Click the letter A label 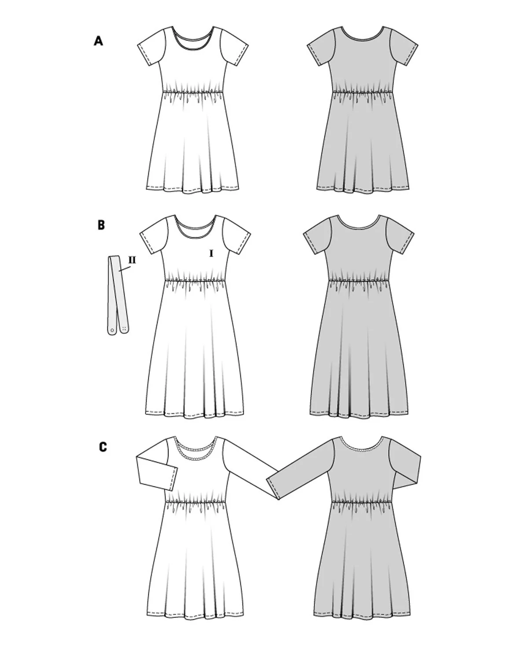tap(98, 41)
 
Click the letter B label tap(101, 225)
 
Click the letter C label tap(103, 447)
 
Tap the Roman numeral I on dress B tap(211, 254)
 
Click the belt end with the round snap tap(112, 330)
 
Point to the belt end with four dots tap(125, 327)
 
